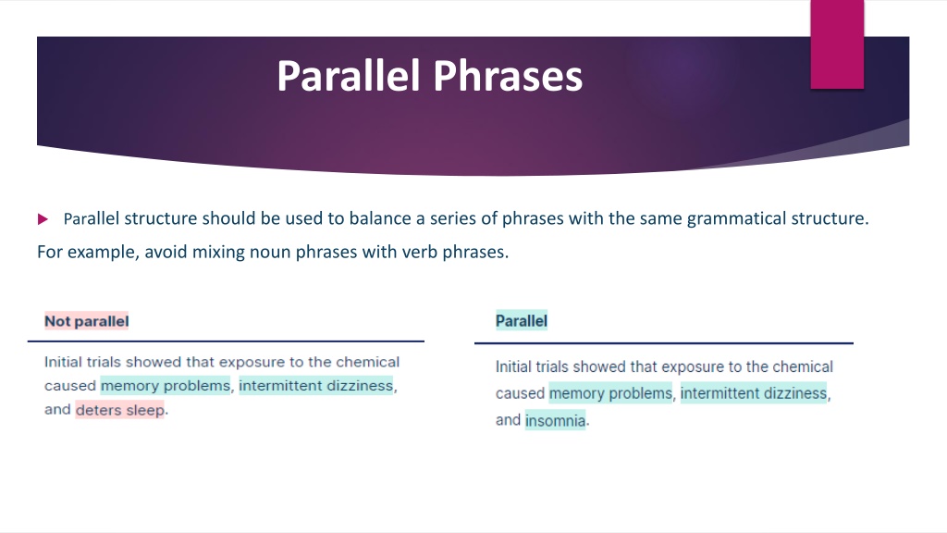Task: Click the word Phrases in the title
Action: pyautogui.click(x=508, y=76)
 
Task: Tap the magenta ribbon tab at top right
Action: pyautogui.click(x=837, y=44)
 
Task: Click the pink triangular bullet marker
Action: pyautogui.click(x=43, y=218)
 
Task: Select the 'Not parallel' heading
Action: pyautogui.click(x=86, y=321)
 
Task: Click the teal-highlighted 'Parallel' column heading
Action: pyautogui.click(x=522, y=320)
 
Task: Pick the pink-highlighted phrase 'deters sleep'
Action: pyautogui.click(x=119, y=410)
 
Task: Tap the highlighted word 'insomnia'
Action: pyautogui.click(x=555, y=420)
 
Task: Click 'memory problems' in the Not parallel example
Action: pyautogui.click(x=166, y=386)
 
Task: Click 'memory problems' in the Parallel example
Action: pyautogui.click(x=610, y=393)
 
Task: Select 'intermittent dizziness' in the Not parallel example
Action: pyautogui.click(x=316, y=386)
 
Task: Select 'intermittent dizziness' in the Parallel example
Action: pyautogui.click(x=753, y=393)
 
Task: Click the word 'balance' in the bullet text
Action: pyautogui.click(x=380, y=218)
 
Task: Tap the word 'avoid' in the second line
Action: pyautogui.click(x=166, y=252)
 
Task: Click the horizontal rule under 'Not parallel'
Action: pyautogui.click(x=226, y=341)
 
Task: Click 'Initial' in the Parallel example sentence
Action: pyautogui.click(x=510, y=366)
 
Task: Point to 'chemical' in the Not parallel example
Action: pyautogui.click(x=368, y=362)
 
